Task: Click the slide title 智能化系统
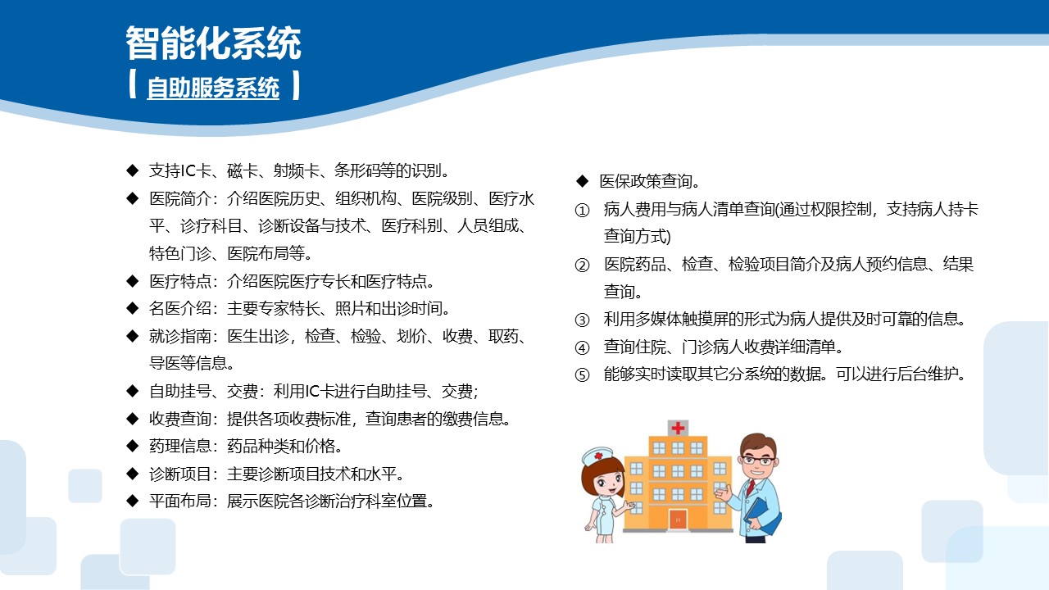click(213, 43)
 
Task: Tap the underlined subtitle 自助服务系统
click(213, 88)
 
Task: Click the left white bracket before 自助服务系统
click(133, 86)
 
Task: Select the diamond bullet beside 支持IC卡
click(132, 170)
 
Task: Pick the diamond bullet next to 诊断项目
click(132, 474)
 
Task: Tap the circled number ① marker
click(583, 211)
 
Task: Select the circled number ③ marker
click(583, 320)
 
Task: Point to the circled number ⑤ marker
click(583, 375)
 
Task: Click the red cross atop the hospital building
click(678, 428)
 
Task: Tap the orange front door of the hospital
click(678, 519)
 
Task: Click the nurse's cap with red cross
click(598, 455)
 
